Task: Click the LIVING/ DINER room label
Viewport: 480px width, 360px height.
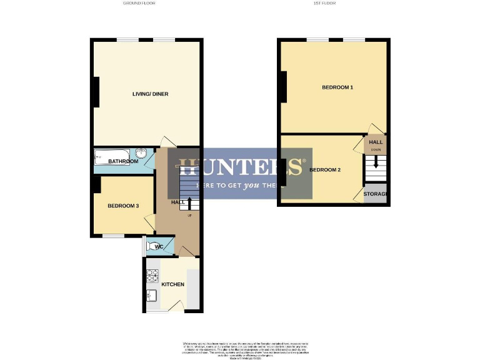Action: tap(150, 94)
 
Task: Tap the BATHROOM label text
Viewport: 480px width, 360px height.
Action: tap(123, 162)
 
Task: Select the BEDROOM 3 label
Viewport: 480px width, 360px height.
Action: tap(123, 206)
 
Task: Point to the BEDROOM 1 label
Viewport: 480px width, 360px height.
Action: tap(337, 87)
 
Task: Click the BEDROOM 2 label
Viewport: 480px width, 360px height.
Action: tap(325, 170)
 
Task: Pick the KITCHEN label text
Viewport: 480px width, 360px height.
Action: tap(173, 285)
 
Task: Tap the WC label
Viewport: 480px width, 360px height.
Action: tap(160, 246)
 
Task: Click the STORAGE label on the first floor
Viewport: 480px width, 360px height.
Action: tap(376, 194)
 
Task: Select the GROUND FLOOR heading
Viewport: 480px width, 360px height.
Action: tap(139, 4)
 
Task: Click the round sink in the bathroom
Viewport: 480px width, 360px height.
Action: tap(142, 153)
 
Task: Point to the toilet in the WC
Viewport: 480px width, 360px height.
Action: tap(149, 246)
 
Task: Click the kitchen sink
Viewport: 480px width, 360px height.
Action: tap(151, 295)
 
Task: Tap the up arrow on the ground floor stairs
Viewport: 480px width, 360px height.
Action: tap(189, 202)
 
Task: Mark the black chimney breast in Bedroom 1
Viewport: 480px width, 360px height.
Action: tap(283, 87)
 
